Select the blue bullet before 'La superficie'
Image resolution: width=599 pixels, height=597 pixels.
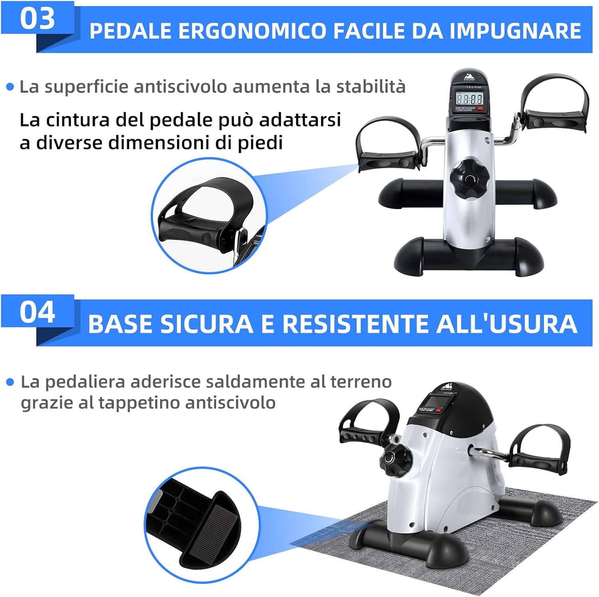[x=10, y=87]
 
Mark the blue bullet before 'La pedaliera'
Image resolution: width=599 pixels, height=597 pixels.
[x=10, y=382]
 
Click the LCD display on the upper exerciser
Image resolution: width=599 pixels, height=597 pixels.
[x=469, y=98]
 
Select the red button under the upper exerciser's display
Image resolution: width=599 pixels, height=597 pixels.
[x=480, y=108]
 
